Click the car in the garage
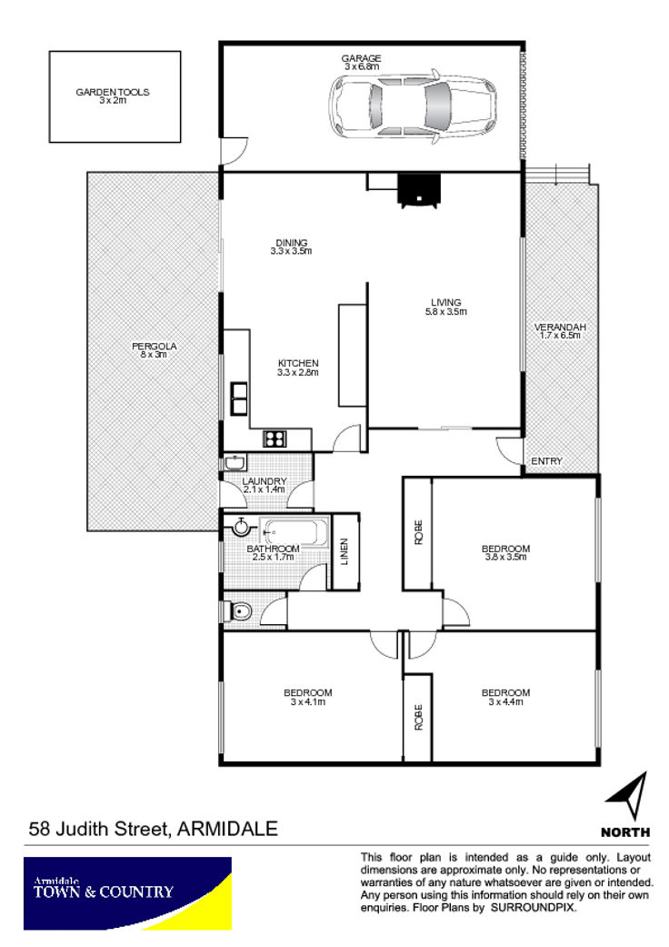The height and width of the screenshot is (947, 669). pos(413,106)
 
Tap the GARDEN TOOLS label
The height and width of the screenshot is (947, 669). pos(113,92)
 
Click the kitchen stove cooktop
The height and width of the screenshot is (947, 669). pos(275,438)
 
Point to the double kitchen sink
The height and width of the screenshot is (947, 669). pos(239,398)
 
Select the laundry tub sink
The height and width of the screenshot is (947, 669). pos(235,463)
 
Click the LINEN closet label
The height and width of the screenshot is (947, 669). pos(344,551)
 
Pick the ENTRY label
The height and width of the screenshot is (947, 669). pos(546,461)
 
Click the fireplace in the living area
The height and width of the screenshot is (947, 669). pos(419,189)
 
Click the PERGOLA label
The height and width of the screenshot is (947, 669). pos(155,346)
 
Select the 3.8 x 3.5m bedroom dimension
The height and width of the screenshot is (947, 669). pos(505,557)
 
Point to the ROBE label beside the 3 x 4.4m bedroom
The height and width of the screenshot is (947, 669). pos(418,717)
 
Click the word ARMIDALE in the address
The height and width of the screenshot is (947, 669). pos(228,829)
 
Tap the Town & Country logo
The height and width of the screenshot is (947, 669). pos(127,893)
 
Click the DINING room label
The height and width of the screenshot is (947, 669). pos(292,243)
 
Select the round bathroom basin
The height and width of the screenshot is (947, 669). pos(241,527)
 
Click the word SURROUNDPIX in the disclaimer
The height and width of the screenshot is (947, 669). pos(534,908)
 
